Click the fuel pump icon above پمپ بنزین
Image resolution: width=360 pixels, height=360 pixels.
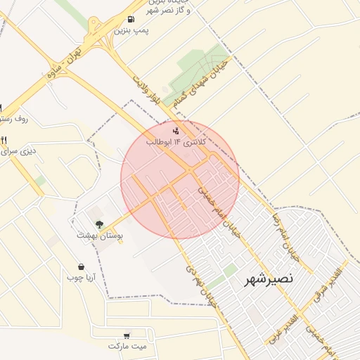[x=131, y=20]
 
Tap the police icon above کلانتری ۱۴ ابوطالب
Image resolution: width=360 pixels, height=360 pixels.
[x=176, y=130]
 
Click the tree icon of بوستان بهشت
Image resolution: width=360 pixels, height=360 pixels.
[x=98, y=225]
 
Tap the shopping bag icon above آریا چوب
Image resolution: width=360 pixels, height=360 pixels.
[x=82, y=267]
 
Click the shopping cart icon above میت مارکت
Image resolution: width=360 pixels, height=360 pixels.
[x=127, y=335]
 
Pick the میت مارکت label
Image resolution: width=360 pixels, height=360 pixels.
[x=127, y=347]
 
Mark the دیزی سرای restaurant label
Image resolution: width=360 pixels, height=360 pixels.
[x=20, y=150]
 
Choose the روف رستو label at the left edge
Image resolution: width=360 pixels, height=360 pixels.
[x=14, y=120]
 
